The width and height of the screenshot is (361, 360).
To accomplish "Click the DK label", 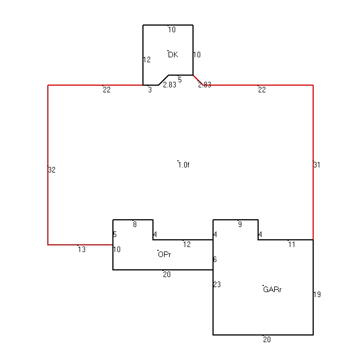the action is coord(173,55).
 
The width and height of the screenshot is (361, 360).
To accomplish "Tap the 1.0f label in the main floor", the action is coord(184,165).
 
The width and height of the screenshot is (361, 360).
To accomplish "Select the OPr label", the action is coord(165,254).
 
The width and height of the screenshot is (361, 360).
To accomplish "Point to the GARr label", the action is coord(272,289).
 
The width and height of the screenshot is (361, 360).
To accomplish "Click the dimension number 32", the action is coord(52,170).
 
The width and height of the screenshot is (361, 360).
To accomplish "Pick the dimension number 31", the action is coord(317,165).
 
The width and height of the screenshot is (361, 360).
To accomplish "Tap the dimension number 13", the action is coord(82,249).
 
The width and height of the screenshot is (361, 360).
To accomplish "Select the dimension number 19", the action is coord(317,294).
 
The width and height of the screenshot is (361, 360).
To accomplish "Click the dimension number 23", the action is coord(217,284).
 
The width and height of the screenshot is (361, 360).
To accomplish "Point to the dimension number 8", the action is coord(135,224).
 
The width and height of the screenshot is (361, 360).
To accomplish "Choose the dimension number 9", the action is coord(240,224).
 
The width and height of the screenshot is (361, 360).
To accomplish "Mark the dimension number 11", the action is coord(291,244).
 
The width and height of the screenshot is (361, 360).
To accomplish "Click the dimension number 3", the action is coord(150,90).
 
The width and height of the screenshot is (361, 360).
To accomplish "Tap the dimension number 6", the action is coord(215,260).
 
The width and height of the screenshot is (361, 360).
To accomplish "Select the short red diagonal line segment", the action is coord(198,80).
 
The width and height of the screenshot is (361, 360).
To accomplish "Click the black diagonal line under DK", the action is coord(164,80).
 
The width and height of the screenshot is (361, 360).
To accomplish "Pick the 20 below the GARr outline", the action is coord(267,339).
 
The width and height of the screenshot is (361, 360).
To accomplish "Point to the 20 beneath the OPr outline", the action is coord(167,274).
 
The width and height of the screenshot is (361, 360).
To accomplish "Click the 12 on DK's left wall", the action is coord(147,60).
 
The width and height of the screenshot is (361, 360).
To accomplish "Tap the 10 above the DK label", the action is coord(172,29).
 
